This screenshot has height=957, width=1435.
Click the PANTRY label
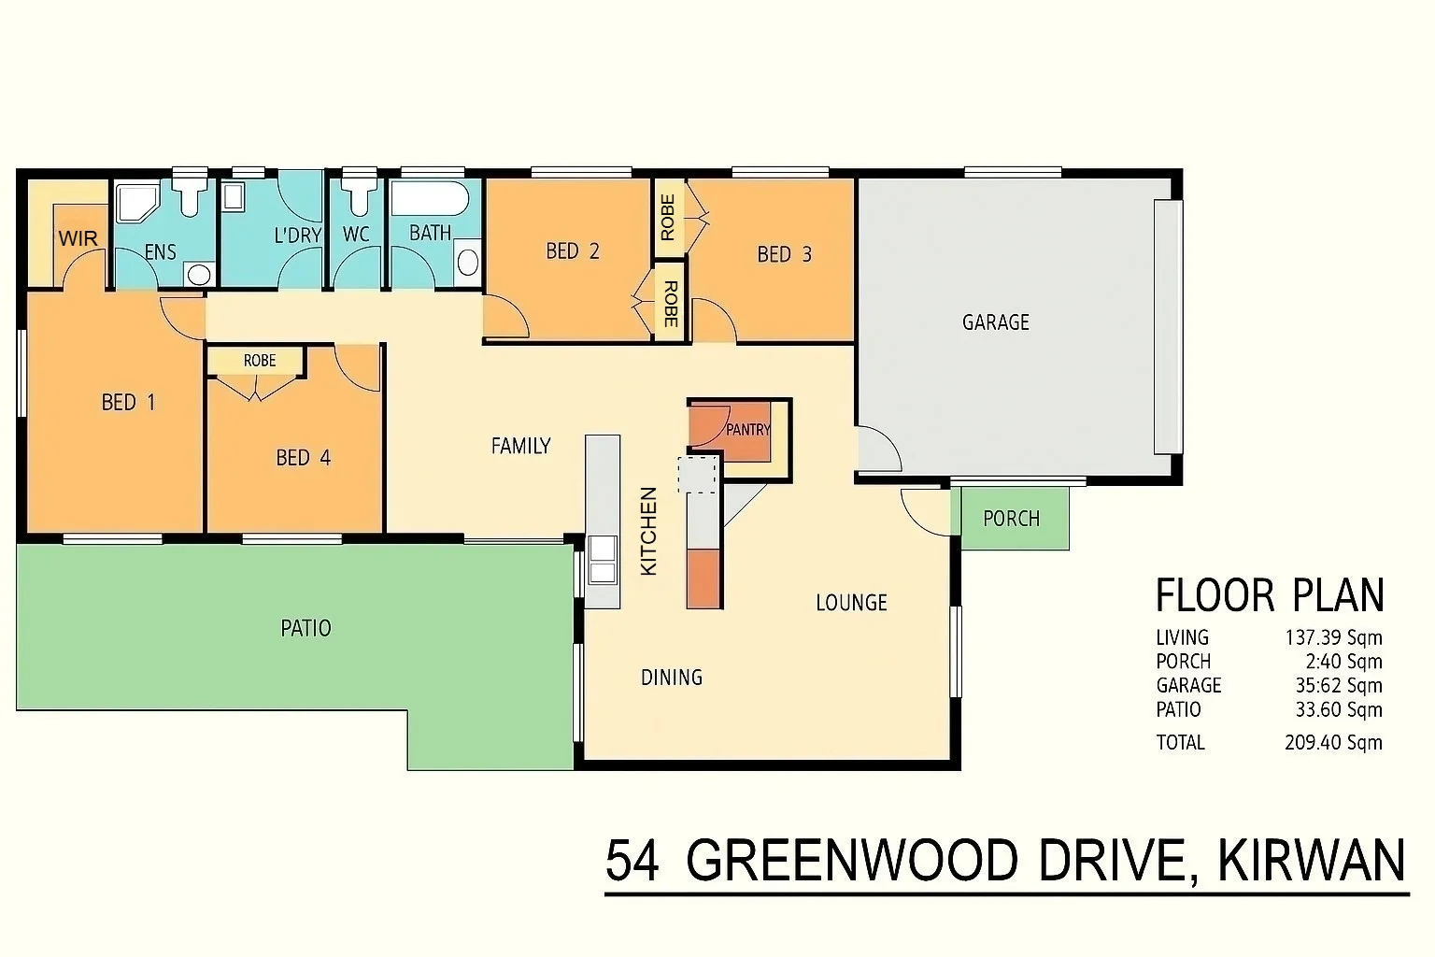pos(748,430)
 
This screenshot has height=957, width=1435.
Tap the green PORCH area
pos(1011,519)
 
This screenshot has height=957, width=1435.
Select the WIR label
pos(78,238)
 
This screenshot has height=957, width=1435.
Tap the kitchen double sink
pos(602,560)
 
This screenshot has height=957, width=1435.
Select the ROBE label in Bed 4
pos(259,361)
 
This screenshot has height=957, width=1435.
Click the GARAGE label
pos(995,322)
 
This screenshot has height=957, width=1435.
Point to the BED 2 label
pos(572,250)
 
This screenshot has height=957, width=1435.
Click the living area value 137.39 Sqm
pos(1333,638)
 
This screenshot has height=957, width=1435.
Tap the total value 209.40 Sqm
pos(1333,743)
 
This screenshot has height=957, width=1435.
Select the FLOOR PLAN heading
pos(1269,595)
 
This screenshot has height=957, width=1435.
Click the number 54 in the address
pos(632,861)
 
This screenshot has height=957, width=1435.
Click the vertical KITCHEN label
pos(648,531)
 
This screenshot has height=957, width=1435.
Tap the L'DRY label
pos(297,236)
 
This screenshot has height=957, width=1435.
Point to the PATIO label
pos(305,628)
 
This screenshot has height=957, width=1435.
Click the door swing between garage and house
pos(878,450)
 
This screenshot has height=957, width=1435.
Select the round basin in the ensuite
pos(197,274)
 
